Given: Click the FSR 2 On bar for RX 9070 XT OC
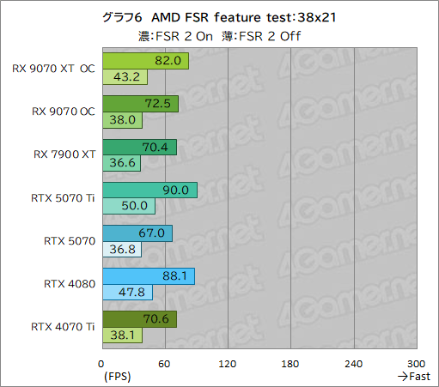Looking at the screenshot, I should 145,61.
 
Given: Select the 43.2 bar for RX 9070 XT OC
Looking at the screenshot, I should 125,77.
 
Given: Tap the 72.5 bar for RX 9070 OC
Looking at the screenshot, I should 140,104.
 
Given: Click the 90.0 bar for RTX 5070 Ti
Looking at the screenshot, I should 149,190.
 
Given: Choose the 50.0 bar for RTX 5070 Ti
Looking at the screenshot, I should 128,206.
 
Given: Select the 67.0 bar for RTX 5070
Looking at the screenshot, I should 137,233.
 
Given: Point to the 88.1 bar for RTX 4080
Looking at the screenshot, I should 149,275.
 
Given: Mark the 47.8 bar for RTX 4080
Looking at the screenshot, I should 127,292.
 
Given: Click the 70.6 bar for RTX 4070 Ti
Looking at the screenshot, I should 139,318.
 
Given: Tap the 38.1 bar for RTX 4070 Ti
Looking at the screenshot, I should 122,335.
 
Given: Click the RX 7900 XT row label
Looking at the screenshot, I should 64,154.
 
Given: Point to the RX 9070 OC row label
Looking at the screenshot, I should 63,112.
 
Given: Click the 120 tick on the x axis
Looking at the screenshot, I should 228,364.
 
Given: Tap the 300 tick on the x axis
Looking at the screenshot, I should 417,364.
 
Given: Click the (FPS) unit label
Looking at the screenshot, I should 118,377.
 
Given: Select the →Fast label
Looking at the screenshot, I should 414,377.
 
